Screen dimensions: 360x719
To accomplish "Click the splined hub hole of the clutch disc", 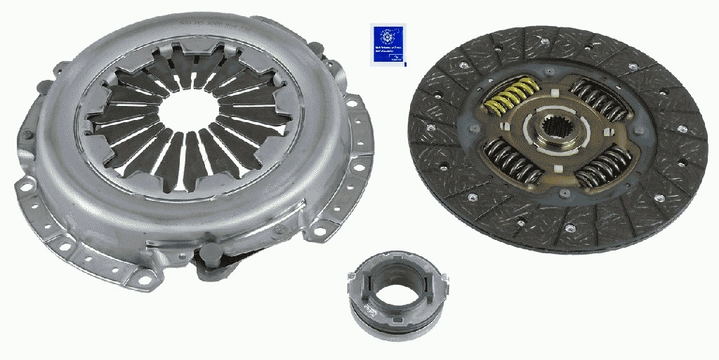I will [x=560, y=131].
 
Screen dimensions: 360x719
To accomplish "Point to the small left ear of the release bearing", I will [x=352, y=279].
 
